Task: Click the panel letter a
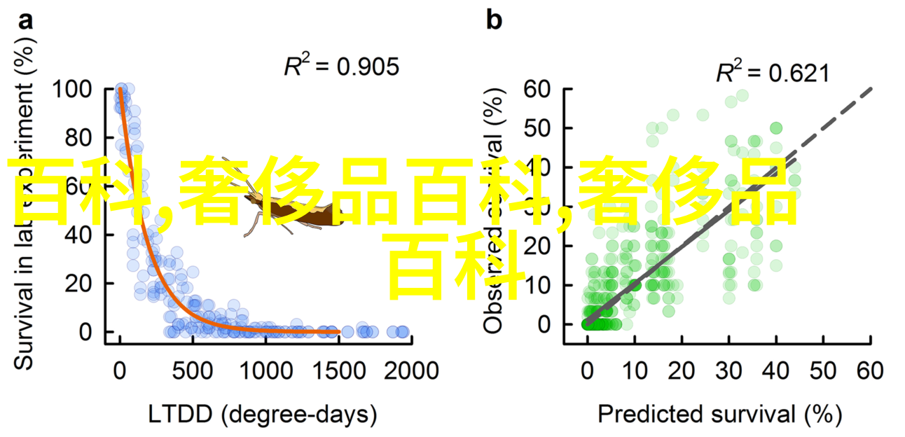[x=25, y=22]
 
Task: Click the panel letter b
[x=494, y=21]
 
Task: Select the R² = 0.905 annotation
[x=341, y=67]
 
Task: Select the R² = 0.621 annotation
[x=772, y=73]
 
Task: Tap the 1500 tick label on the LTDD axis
[x=338, y=370]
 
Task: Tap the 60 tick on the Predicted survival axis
[x=871, y=370]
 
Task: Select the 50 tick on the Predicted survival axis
[x=824, y=370]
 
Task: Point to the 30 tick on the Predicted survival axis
[x=729, y=370]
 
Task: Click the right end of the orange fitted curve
[x=339, y=331]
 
